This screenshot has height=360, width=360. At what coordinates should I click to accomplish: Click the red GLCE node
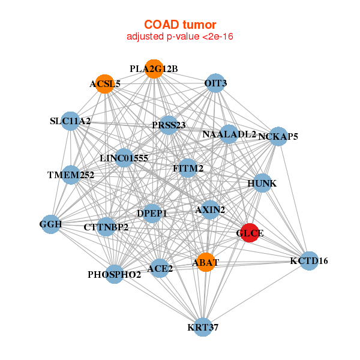point(250,233)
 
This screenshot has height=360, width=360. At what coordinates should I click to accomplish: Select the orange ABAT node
point(206,262)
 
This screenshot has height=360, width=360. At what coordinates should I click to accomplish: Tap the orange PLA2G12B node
point(154,69)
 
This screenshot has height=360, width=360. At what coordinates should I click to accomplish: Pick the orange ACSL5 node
point(105,84)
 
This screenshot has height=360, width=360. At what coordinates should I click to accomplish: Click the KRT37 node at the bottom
point(203,327)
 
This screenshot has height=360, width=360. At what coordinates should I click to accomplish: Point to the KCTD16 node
point(309,261)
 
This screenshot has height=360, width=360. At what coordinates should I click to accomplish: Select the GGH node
point(50,224)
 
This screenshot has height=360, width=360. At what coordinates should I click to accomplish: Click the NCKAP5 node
point(278,137)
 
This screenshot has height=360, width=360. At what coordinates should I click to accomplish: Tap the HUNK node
point(262,183)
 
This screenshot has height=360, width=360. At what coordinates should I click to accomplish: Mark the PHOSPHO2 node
point(115,275)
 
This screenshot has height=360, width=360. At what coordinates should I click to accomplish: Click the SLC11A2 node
point(71,121)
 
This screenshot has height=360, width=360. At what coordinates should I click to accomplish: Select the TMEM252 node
point(71,175)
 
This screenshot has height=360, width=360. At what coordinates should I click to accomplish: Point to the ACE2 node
point(160,268)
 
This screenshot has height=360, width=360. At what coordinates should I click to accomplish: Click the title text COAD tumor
point(179,25)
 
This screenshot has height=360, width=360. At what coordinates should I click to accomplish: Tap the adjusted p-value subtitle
point(179,37)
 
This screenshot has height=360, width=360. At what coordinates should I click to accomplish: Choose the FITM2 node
point(188,169)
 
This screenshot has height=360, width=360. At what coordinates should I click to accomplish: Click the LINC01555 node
point(124,158)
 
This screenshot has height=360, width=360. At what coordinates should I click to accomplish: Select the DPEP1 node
point(152,213)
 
